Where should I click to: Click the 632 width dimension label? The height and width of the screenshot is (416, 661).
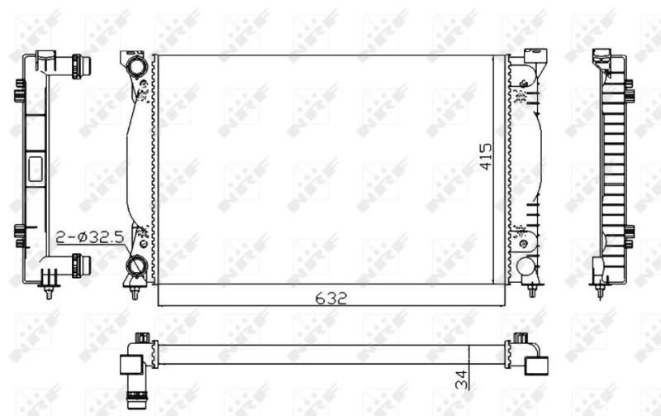(x=331, y=299)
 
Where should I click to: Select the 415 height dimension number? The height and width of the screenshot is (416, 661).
(x=486, y=156)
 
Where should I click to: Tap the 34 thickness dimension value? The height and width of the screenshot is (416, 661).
(x=461, y=380)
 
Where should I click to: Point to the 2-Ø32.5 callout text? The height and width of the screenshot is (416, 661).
(x=90, y=237)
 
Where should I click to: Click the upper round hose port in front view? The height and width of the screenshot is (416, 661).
(x=137, y=67)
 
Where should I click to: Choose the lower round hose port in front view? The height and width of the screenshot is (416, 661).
(x=136, y=265)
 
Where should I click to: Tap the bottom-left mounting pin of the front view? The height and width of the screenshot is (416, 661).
(x=135, y=293)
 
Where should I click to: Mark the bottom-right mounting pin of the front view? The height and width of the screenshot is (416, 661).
(x=532, y=290)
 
